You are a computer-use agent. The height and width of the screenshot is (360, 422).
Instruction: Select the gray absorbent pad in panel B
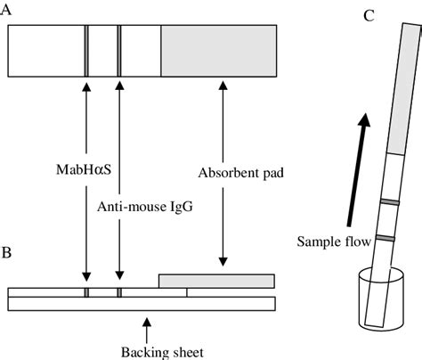click(x=216, y=281)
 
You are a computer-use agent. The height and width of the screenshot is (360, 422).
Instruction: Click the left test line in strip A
click(x=86, y=53)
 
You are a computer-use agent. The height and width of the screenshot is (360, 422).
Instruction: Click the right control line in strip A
click(x=118, y=53)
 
